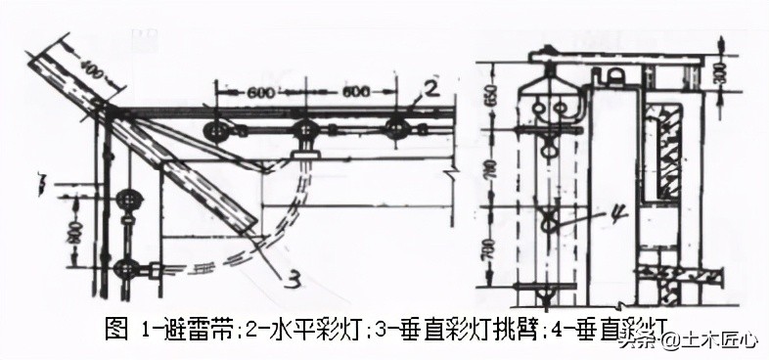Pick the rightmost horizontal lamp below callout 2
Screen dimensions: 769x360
[396, 128]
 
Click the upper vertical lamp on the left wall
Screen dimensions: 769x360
[126, 202]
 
